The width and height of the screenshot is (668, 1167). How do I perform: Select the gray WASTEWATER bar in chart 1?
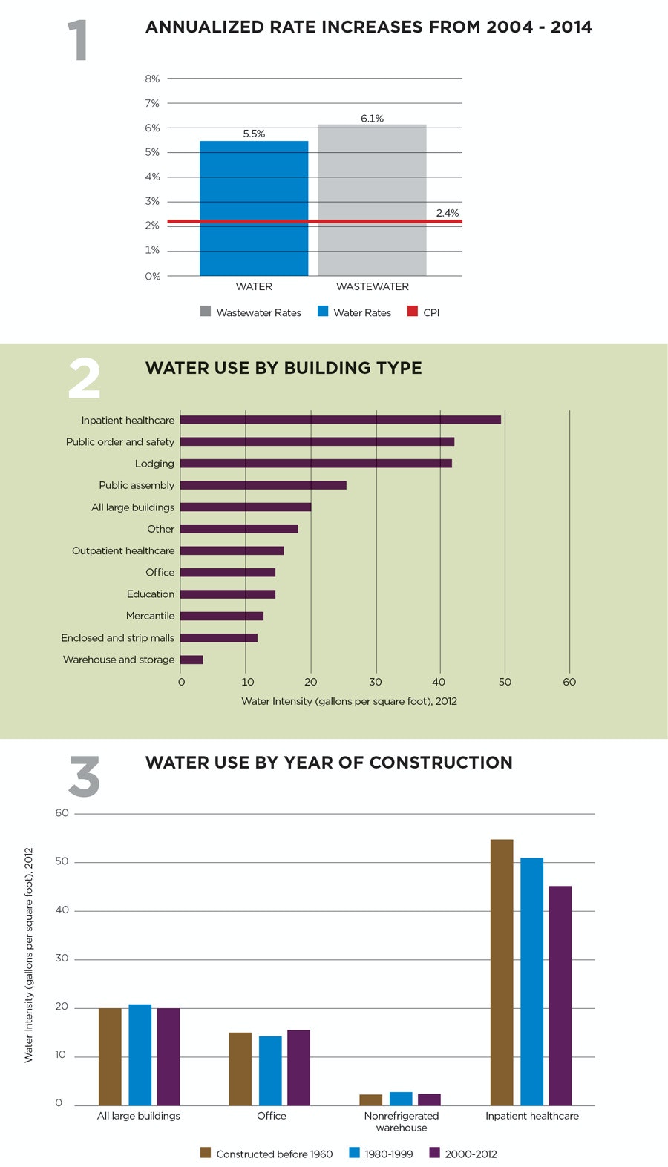372,200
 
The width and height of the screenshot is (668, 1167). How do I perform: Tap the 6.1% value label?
372,119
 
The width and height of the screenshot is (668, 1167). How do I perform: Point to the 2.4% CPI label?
447,213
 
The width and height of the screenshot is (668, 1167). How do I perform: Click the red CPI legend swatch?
413,312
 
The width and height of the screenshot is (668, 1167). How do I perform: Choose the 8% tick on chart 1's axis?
152,79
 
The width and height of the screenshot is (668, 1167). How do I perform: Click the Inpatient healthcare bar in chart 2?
340,420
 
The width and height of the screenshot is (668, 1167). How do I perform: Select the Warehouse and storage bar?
191,660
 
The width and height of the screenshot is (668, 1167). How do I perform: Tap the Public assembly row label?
137,485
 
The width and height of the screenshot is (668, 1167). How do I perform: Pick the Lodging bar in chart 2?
315,464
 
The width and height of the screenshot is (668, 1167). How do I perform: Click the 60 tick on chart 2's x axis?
569,682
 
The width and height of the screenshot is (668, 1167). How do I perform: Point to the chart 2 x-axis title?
349,701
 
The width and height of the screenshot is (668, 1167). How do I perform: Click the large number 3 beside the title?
84,777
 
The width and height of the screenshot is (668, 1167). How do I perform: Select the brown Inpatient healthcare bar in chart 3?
502,972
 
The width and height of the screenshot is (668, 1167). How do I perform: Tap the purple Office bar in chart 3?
298,1067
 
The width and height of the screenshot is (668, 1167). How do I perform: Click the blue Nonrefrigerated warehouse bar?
401,1098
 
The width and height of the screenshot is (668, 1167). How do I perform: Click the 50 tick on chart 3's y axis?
62,861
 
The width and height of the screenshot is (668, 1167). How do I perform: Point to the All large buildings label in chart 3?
139,1116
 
